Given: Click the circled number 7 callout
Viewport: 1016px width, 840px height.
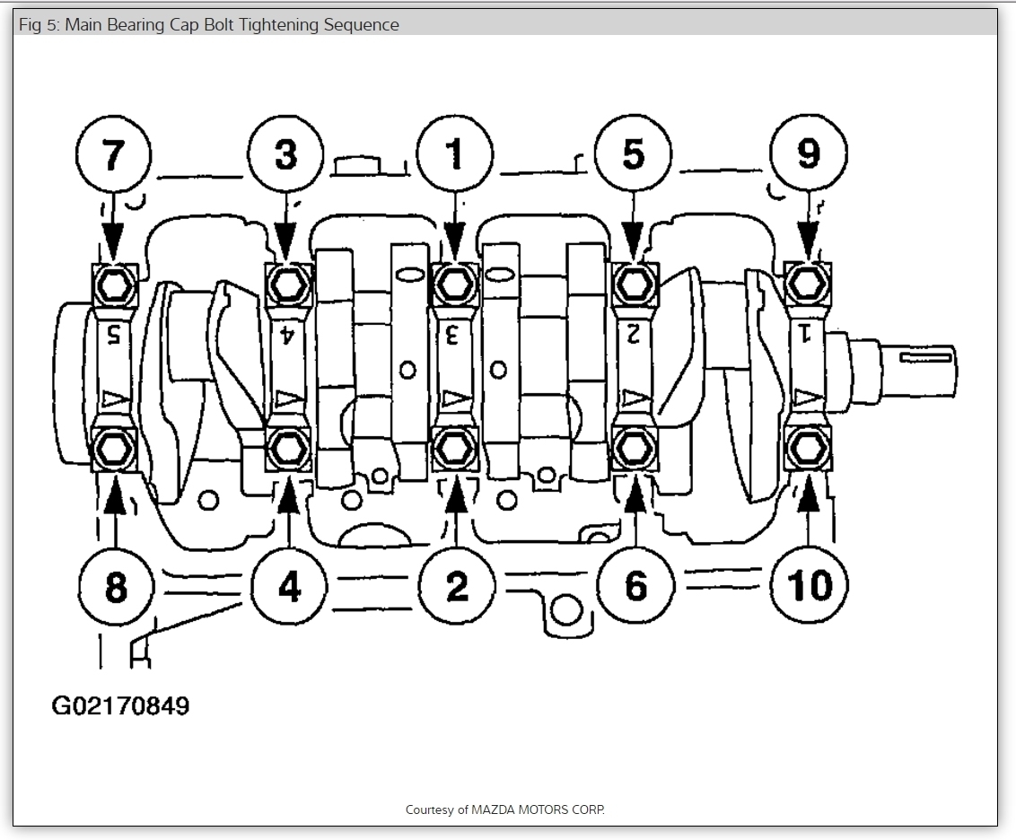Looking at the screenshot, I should [x=112, y=154].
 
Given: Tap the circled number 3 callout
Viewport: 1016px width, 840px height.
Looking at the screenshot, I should [x=286, y=154].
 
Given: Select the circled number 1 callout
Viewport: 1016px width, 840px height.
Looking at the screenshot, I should [x=456, y=154].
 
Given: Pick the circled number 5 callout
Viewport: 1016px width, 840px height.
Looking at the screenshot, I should [x=634, y=154].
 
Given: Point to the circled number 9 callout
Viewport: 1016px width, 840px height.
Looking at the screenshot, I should [x=808, y=154].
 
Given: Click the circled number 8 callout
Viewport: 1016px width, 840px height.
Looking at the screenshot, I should [x=116, y=587].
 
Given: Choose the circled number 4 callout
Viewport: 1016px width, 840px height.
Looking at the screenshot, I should [x=289, y=587].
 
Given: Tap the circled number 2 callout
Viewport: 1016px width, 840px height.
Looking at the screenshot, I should [x=457, y=587].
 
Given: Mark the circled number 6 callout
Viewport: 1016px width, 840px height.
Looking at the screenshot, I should [x=635, y=587].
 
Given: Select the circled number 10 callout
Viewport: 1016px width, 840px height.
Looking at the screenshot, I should [x=809, y=587].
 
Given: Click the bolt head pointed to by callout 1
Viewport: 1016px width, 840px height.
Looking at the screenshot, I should [x=455, y=284].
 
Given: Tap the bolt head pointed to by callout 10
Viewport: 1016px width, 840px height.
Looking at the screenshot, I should [x=808, y=446].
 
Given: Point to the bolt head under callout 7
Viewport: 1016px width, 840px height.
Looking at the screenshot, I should [x=114, y=284].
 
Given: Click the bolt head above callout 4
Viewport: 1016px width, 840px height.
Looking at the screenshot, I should [x=288, y=446].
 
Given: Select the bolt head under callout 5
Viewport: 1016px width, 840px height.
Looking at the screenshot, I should [x=635, y=284].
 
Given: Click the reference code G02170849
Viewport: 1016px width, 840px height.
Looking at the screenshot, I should [x=120, y=706].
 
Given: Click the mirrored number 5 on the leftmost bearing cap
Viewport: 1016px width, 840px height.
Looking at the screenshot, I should [x=114, y=336].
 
